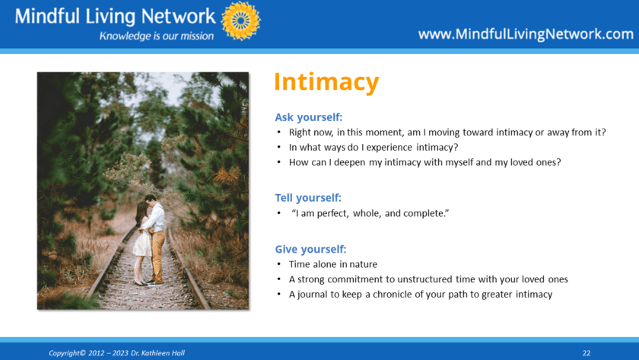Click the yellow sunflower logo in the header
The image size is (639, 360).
tap(241, 21)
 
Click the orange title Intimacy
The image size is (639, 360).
tap(326, 83)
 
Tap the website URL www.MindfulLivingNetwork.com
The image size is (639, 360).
tap(526, 34)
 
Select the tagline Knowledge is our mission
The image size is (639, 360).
tap(157, 37)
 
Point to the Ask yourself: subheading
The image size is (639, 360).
tap(309, 117)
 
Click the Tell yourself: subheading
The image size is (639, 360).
tap(308, 198)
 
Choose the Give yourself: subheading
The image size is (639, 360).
tap(310, 249)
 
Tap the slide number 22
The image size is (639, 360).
tap(587, 353)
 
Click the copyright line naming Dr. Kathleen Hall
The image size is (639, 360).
tap(117, 353)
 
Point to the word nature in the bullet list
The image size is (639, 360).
tap(364, 265)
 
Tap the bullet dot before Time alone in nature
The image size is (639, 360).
tap(278, 264)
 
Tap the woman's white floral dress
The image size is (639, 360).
tap(142, 243)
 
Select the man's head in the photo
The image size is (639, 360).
tap(151, 200)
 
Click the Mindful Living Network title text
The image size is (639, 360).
tap(116, 17)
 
